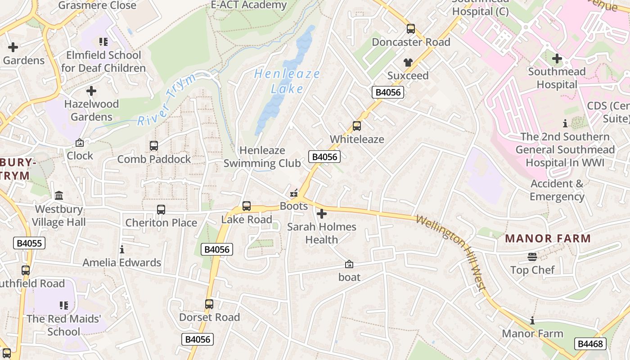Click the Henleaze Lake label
tap(287, 81)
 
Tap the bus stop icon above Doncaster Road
tap(410, 29)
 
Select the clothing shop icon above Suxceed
tap(408, 63)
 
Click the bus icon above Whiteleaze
tap(357, 126)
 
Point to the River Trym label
tap(167, 100)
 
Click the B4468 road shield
tap(590, 344)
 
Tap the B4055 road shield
tap(29, 243)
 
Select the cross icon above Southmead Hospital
tap(557, 58)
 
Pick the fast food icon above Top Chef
tap(532, 257)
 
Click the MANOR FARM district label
tap(548, 238)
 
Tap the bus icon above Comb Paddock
tap(154, 146)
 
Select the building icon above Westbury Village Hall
tap(59, 196)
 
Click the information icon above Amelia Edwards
tap(121, 249)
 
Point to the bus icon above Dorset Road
tap(209, 304)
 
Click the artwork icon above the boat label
tap(349, 264)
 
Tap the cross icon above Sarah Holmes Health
tap(322, 214)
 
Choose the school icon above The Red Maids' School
tap(64, 306)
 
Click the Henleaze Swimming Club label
tap(262, 157)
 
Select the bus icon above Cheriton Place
tap(161, 210)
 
